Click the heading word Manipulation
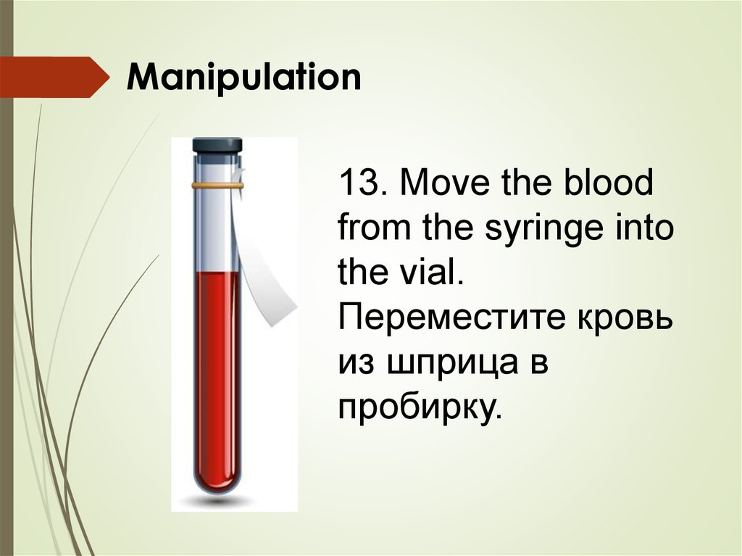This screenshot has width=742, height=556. (x=244, y=77)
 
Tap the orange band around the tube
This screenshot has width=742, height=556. (x=217, y=186)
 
